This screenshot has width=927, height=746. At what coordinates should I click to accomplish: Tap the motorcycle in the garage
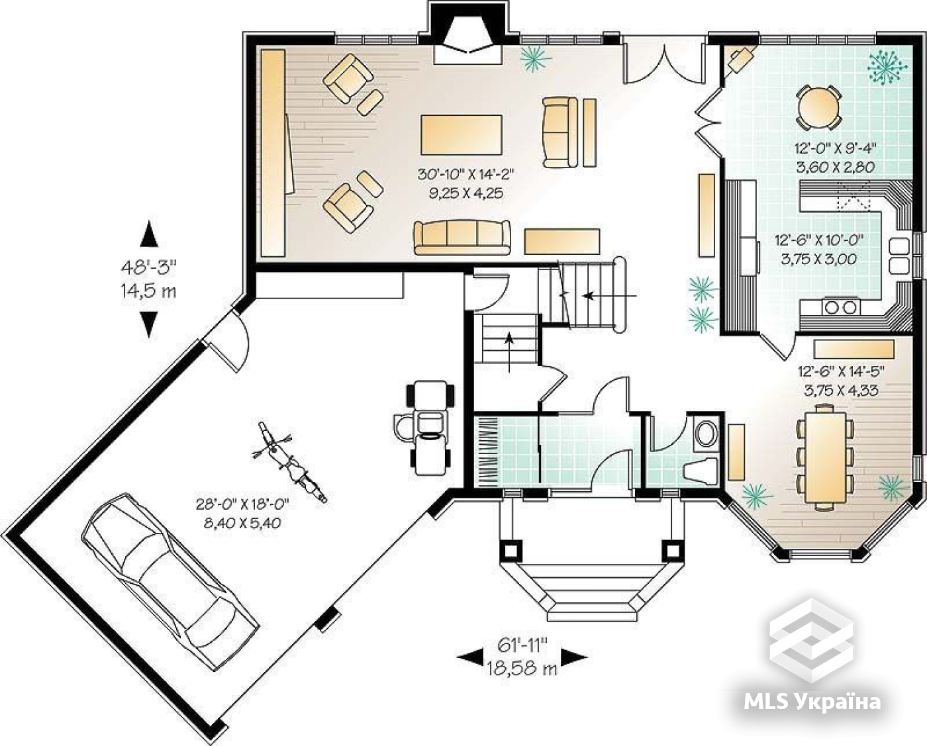[x=289, y=462]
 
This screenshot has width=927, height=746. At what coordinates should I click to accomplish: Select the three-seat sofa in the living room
[x=462, y=238]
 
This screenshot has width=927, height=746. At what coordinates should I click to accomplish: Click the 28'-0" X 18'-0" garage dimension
[x=242, y=504]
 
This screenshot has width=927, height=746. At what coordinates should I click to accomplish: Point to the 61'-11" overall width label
[x=522, y=645]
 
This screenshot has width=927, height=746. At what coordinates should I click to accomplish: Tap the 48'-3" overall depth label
[x=149, y=268]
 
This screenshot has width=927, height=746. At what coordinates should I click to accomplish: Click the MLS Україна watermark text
[x=812, y=703]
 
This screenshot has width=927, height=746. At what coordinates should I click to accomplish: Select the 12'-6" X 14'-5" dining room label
[x=842, y=371]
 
